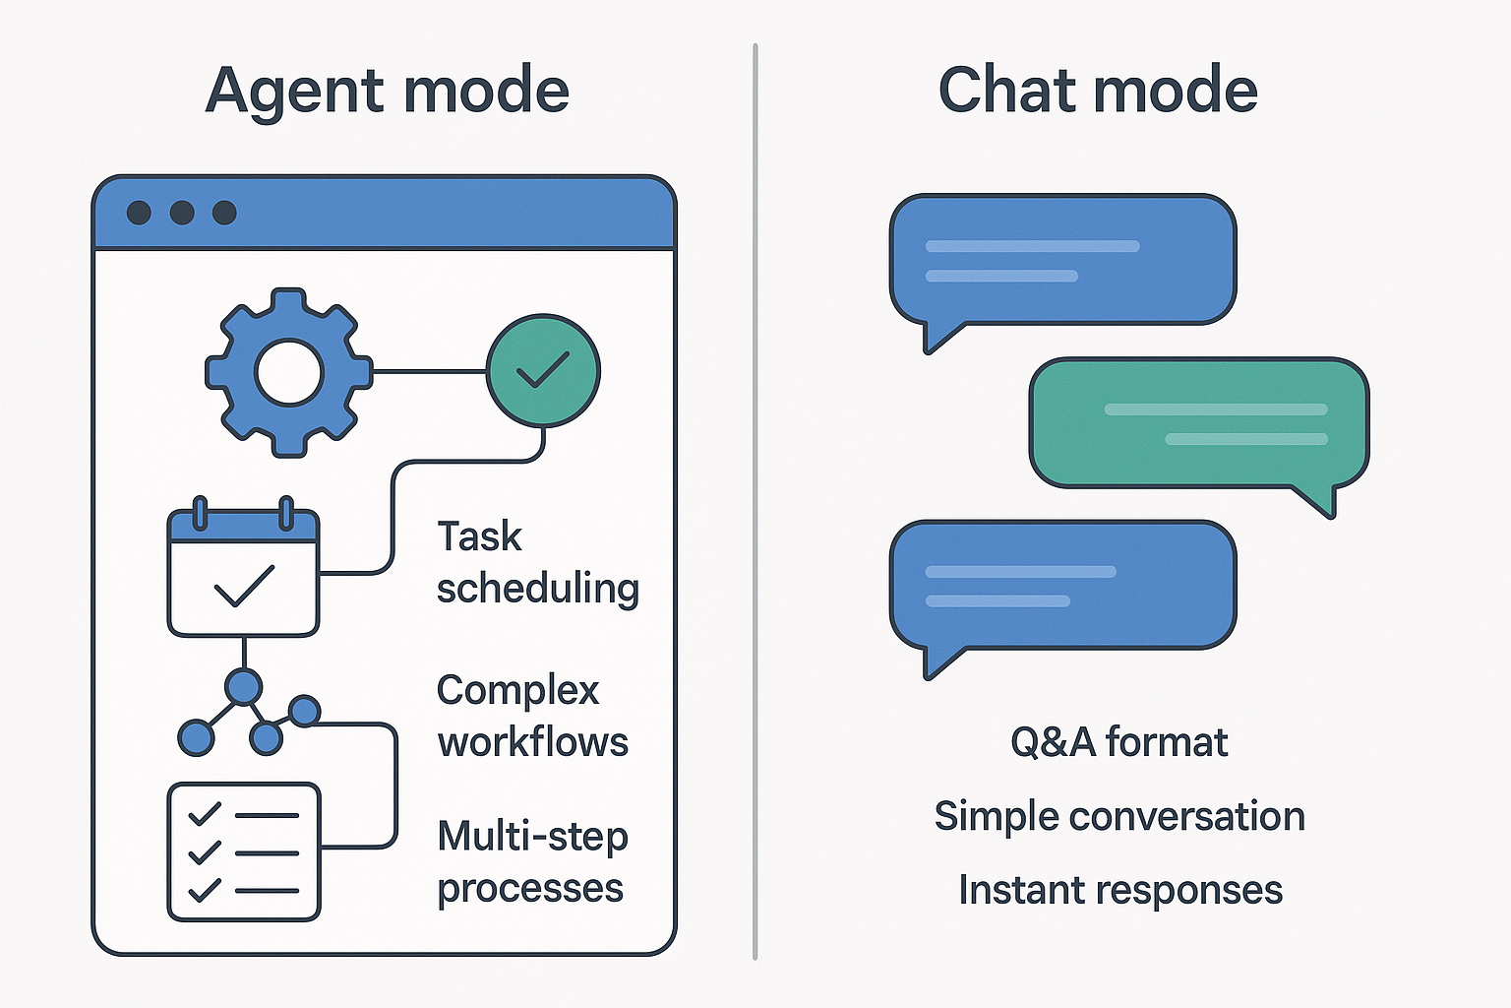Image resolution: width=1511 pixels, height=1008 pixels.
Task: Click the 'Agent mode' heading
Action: click(388, 92)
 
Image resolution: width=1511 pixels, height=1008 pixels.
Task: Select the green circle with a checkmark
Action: click(544, 371)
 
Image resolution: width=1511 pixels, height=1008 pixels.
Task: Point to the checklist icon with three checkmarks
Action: click(244, 852)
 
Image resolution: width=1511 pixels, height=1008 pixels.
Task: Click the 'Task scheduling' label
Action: click(538, 562)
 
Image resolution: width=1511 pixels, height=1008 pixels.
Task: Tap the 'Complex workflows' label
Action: click(532, 716)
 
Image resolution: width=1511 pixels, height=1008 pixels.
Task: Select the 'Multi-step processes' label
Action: click(532, 862)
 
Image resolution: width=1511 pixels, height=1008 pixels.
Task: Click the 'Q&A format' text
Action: click(1119, 742)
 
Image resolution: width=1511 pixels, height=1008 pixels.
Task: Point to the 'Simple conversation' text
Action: click(1119, 816)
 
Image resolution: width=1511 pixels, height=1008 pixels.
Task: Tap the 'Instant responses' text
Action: click(1120, 890)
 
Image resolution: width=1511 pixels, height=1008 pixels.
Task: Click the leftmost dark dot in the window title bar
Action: click(139, 213)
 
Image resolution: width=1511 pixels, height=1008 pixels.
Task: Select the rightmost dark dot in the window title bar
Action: click(224, 213)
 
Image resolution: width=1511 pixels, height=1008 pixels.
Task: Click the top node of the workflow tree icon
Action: click(244, 687)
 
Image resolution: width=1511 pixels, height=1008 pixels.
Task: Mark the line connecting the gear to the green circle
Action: click(430, 371)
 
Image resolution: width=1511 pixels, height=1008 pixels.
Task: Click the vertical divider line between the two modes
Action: click(755, 502)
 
